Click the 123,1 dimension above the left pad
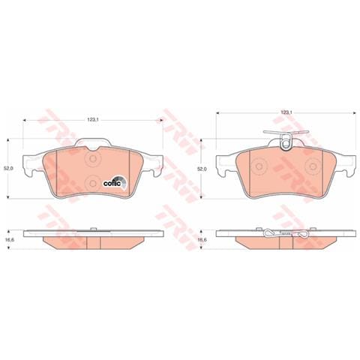(93, 119)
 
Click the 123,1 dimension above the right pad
(285, 113)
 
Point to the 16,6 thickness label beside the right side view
(201, 239)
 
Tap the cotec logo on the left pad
(119, 178)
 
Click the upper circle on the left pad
(93, 160)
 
